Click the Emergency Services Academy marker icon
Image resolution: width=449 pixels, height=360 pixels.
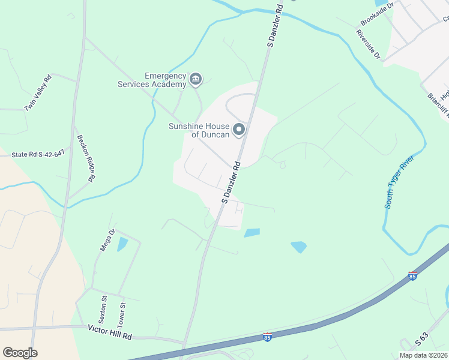196,79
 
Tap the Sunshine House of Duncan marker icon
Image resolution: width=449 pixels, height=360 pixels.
239,130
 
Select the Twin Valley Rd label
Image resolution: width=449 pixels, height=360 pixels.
38,92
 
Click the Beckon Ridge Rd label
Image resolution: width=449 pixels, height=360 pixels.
86,158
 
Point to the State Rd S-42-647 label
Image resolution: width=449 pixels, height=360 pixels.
37,154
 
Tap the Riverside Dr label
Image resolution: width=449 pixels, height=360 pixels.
369,44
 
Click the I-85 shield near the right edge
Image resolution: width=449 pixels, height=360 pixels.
412,275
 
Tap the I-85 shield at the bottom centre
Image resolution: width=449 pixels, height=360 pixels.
268,338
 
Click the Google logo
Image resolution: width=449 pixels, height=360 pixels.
20,353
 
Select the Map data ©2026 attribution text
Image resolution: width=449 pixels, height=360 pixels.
424,355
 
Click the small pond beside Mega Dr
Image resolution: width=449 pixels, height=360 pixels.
122,244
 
